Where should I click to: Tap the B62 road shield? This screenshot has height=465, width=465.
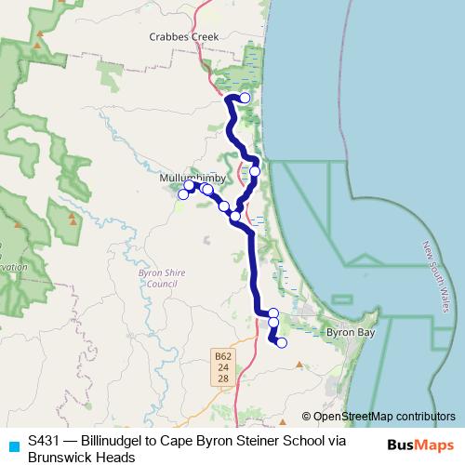click(222, 355)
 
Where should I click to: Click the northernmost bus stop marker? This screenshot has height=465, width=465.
click(245, 97)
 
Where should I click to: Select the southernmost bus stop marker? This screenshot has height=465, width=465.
click(282, 343)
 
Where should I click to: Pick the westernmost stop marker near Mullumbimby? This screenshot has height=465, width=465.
click(183, 194)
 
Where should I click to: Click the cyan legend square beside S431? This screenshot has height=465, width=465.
click(13, 445)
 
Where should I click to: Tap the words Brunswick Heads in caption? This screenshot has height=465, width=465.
click(82, 457)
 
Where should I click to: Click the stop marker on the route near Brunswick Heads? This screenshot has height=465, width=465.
click(255, 171)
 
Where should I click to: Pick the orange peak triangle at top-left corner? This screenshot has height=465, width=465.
click(38, 45)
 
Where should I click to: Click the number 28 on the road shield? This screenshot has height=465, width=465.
click(222, 379)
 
